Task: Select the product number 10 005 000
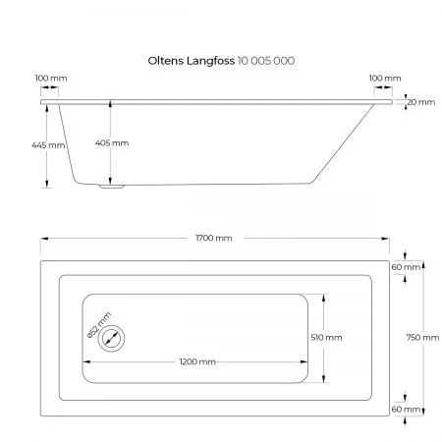[x=266, y=61]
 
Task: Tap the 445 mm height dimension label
[x=48, y=145]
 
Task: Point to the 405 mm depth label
[x=112, y=143]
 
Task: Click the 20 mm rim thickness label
[x=421, y=102]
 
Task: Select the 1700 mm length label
[x=214, y=238]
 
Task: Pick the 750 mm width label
[x=422, y=337]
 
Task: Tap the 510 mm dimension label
[x=326, y=337]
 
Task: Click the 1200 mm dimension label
[x=197, y=361]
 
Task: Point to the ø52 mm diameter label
[x=99, y=325]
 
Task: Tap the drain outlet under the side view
[x=112, y=187]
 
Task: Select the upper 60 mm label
[x=406, y=267]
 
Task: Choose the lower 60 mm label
[x=406, y=410]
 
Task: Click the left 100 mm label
[x=51, y=79]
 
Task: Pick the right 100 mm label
[x=385, y=79]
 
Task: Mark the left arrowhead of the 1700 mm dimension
[x=44, y=239]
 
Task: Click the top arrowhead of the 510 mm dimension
[x=324, y=298]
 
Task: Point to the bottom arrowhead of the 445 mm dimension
[x=47, y=184]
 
